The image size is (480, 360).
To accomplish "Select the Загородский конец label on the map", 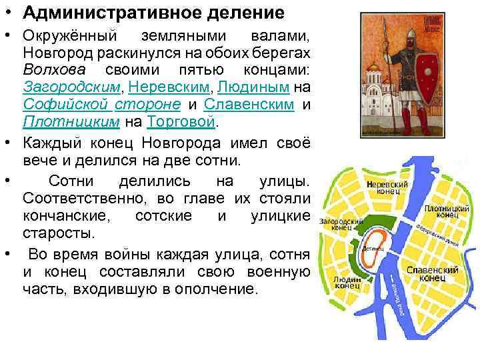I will point(336,225).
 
